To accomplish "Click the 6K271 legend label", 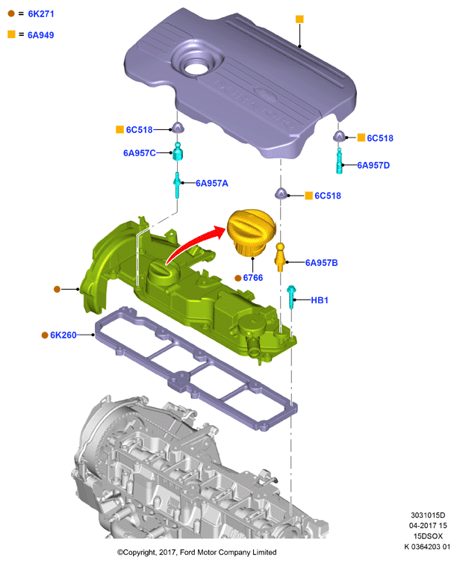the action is [x=41, y=14].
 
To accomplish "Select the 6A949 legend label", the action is [x=41, y=35].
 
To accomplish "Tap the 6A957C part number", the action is [x=140, y=153].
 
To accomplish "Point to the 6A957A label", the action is [x=212, y=184].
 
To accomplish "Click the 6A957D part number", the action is [x=373, y=165].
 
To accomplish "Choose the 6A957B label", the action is [x=321, y=263].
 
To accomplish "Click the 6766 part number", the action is [x=253, y=278].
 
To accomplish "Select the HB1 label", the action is [x=320, y=300].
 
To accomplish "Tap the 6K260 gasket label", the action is [x=63, y=335].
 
